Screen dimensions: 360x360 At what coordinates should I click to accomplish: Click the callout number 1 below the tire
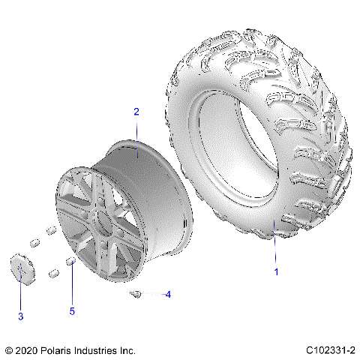point(276,271)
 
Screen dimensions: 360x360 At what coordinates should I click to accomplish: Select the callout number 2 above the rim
point(136,112)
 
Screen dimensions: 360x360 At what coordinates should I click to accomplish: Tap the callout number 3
point(20,316)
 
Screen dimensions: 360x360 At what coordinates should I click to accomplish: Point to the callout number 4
point(168,294)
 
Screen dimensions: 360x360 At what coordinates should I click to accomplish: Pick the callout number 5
point(72,310)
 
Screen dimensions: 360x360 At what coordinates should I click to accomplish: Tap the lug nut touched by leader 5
point(71,260)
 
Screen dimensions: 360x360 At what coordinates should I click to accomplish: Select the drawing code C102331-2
point(330,350)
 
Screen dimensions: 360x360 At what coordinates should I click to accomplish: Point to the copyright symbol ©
point(9,350)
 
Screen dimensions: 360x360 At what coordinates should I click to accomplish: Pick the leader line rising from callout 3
point(20,297)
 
